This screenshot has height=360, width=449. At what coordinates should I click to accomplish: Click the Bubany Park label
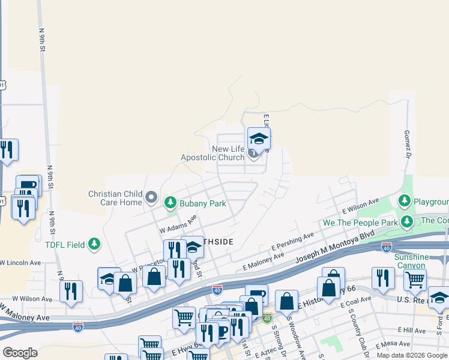coord(202,203)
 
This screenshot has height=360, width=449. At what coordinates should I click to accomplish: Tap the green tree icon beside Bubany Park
coord(170,203)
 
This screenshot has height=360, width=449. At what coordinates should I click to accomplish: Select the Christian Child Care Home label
coord(115,198)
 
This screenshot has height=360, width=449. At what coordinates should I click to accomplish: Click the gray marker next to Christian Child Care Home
coord(151,197)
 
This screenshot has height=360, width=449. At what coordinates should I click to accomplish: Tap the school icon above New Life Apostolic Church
coord(259,139)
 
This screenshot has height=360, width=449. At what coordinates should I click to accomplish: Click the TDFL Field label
coord(65,244)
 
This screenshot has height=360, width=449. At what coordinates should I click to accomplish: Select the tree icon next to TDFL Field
coord(94,244)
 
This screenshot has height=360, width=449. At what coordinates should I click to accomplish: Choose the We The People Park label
coord(360,223)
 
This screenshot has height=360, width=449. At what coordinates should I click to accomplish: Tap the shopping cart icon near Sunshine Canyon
coord(414,279)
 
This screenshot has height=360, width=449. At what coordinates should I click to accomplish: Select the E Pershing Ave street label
coord(292,241)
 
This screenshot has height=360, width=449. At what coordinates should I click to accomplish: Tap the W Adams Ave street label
coord(178,225)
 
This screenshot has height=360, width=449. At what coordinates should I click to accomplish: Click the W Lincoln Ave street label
coord(21,263)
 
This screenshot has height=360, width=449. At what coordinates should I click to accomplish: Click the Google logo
coord(20,353)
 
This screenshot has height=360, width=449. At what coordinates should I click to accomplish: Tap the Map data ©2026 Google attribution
coord(411,355)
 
